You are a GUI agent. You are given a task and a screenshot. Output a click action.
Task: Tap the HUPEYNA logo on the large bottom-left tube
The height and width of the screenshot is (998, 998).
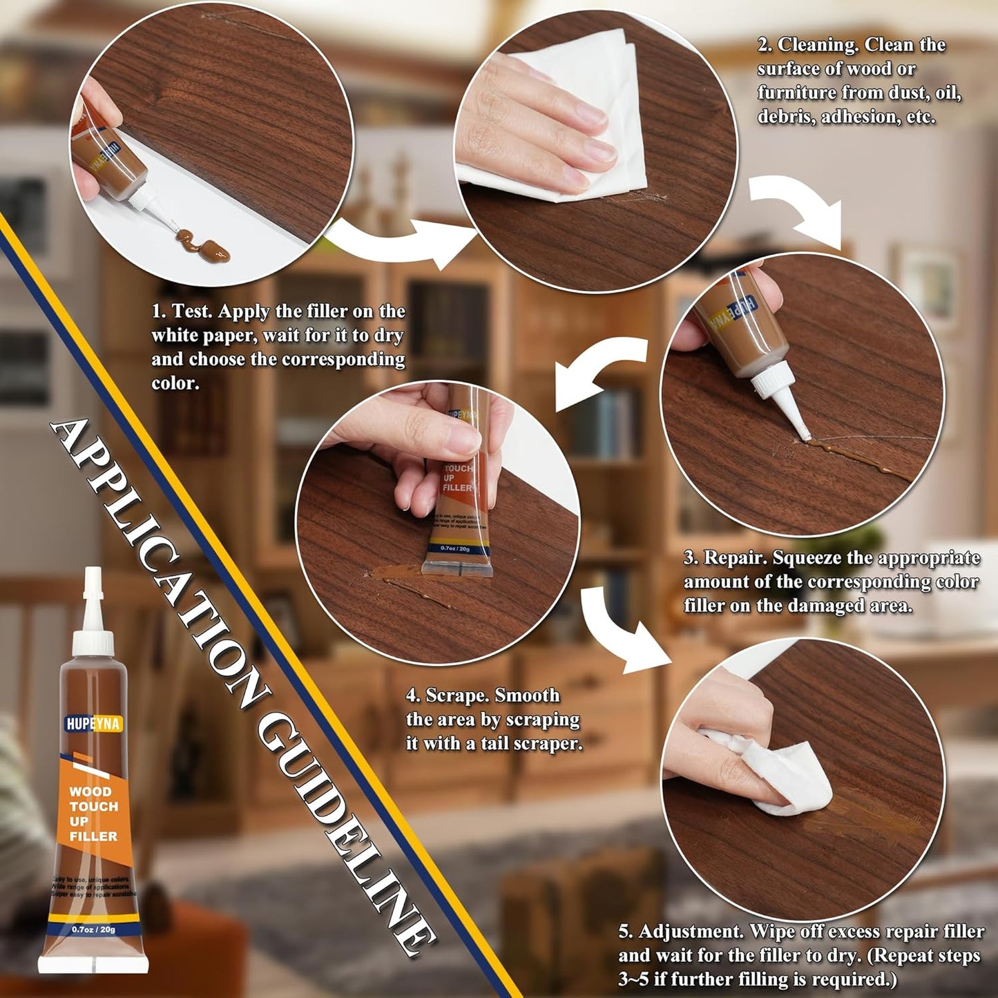pos(93,724)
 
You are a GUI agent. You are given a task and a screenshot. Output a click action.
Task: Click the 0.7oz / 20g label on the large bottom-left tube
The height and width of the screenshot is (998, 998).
pos(93,929)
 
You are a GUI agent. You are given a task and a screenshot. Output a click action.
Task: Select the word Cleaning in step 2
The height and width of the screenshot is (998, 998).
pos(818,45)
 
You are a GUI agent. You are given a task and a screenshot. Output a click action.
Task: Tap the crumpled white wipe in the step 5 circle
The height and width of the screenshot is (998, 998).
pos(787,777)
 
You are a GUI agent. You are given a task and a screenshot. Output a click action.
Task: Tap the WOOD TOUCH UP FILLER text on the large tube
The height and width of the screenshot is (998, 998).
pos(93,814)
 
